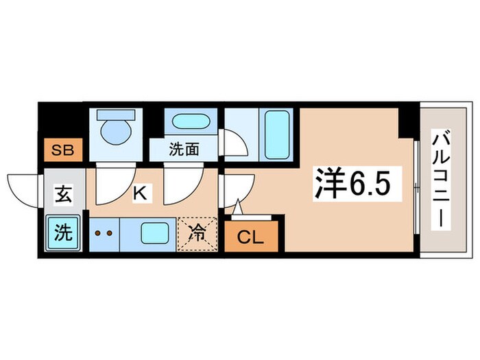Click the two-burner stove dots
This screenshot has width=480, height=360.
[104, 233]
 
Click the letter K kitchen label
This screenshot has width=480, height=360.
[139, 193]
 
